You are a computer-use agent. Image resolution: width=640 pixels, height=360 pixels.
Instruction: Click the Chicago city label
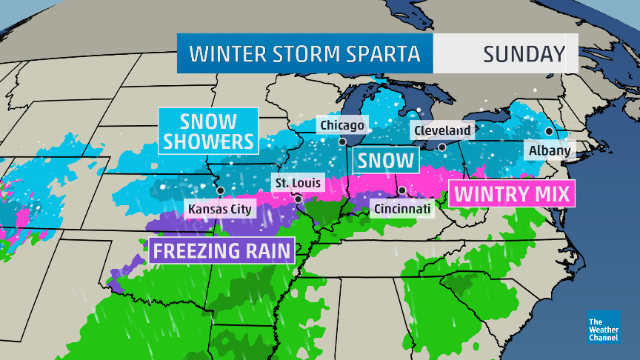pos(341,125)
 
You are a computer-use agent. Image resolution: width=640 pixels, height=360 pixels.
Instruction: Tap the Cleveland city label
pos(442,130)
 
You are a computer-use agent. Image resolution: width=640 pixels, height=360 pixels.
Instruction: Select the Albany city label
pos(550,151)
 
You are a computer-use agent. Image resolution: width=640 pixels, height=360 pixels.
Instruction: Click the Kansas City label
pos(220,209)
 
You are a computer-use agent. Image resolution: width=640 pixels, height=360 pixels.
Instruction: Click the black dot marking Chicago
pos(343,141)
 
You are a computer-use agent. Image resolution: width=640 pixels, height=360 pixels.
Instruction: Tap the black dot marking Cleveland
pos(442,147)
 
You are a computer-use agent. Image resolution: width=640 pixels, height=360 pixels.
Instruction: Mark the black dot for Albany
pos(549,131)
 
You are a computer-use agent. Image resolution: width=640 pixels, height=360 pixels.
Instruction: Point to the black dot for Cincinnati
pos(402,190)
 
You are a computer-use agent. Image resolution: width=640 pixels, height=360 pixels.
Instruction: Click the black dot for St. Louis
pos(297,199)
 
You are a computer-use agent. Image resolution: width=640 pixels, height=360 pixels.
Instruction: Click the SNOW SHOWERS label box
pos(208,130)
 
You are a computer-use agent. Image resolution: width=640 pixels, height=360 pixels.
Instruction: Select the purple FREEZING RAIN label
pos(222,250)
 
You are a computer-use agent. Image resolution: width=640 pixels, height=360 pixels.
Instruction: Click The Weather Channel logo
pos(603,327)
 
